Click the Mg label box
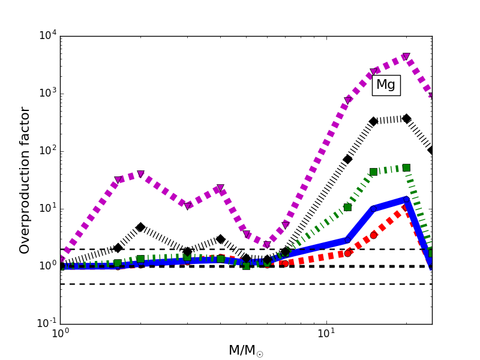(386, 85)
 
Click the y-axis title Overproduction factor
(25, 180)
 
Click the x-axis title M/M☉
(246, 350)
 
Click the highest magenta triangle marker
(406, 57)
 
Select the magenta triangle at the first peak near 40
(140, 174)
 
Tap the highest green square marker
(406, 168)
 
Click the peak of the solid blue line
(406, 199)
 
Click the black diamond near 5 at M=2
(140, 227)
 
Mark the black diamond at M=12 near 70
(347, 159)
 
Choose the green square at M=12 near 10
(347, 207)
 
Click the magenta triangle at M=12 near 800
(347, 100)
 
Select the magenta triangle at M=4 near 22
(220, 188)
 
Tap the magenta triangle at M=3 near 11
(187, 206)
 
